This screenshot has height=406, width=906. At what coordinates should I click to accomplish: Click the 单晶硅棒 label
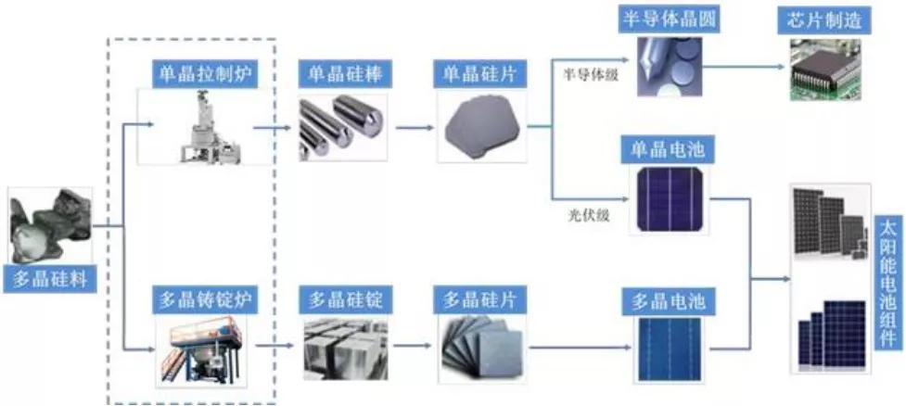coord(339,72)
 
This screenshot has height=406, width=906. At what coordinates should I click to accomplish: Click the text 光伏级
coord(587,216)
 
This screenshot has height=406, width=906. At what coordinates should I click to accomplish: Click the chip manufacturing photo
coord(825,70)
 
